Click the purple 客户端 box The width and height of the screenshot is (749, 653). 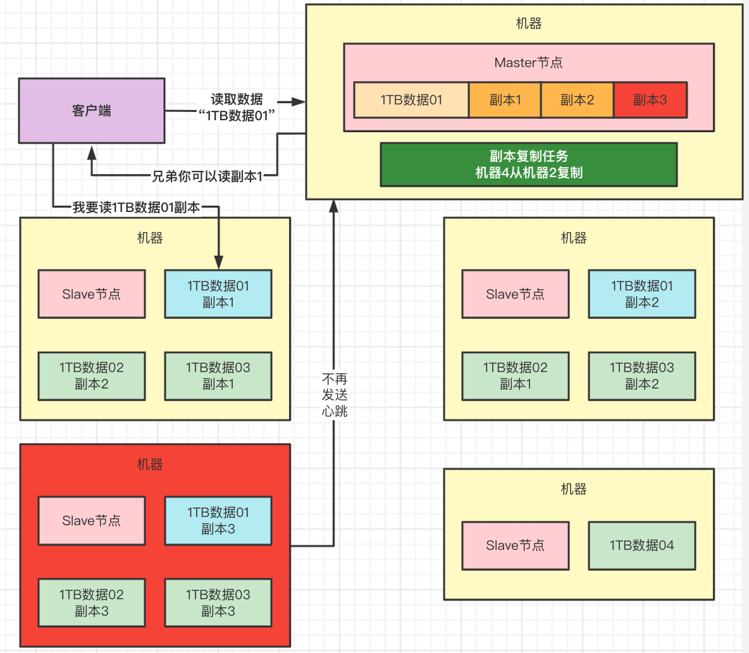click(x=92, y=111)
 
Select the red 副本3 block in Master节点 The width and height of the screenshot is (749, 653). click(x=650, y=100)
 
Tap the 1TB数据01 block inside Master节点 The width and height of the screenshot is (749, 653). click(x=411, y=100)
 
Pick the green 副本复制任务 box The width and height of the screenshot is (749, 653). click(x=528, y=165)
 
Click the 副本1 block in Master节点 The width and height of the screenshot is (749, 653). click(x=505, y=100)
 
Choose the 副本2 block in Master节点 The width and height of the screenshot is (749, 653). click(x=577, y=100)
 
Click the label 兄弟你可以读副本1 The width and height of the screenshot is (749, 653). click(x=207, y=177)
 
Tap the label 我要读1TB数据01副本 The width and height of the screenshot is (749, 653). click(x=136, y=208)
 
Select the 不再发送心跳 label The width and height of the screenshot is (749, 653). click(x=335, y=395)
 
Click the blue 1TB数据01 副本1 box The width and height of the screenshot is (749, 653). click(x=218, y=294)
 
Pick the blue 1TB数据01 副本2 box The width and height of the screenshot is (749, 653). click(x=641, y=294)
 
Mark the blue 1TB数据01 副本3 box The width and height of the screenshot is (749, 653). click(x=218, y=521)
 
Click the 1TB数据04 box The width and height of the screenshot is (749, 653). click(x=641, y=545)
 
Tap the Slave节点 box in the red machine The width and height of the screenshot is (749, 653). click(x=92, y=521)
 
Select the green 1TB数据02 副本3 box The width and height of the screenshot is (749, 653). click(x=92, y=602)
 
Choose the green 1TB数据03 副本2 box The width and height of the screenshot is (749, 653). click(x=641, y=376)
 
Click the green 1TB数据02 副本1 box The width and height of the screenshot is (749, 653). click(x=515, y=376)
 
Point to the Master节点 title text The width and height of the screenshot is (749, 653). click(x=528, y=63)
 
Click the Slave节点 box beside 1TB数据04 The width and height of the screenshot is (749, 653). click(x=515, y=545)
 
